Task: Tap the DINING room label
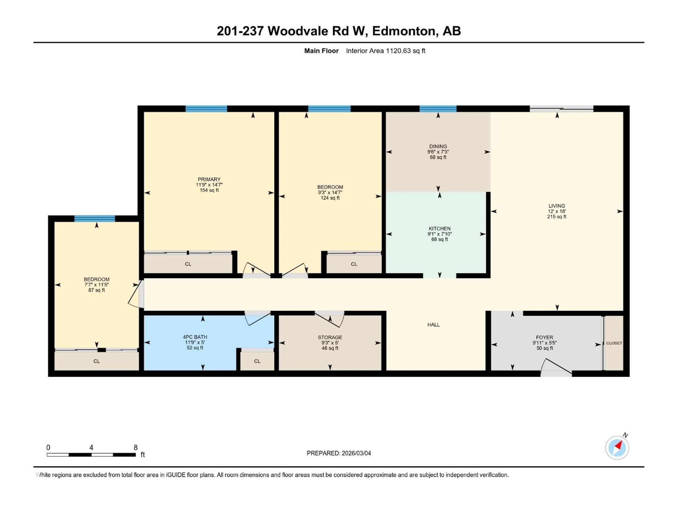(x=438, y=146)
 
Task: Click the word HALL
(x=433, y=325)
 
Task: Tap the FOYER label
(x=544, y=337)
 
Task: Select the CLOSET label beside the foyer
(x=614, y=343)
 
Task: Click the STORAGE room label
(x=330, y=337)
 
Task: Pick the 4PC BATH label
(x=195, y=337)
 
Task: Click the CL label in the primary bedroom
(x=188, y=264)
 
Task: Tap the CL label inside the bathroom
(x=257, y=361)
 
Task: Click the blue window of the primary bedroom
(x=206, y=109)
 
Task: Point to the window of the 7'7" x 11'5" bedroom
(x=94, y=218)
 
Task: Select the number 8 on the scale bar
(x=135, y=447)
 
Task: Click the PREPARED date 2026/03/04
(x=356, y=453)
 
